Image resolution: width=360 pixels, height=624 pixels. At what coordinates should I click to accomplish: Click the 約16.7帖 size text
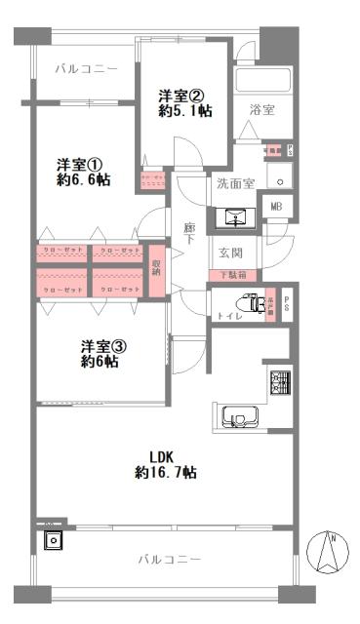166,473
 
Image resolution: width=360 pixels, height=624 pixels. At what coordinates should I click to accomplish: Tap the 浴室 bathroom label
261,110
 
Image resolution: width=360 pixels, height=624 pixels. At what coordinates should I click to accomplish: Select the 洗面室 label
234,183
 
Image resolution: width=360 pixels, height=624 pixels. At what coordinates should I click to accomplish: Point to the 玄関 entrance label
230,253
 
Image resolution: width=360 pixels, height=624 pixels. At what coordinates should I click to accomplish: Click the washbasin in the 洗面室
237,215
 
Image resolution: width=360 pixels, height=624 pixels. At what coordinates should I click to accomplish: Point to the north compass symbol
328,554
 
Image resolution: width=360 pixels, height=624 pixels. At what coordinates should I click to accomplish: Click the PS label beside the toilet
287,304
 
